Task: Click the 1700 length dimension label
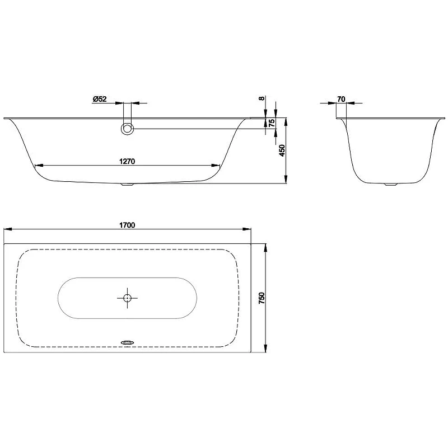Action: (x=127, y=225)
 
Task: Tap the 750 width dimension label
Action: (x=262, y=298)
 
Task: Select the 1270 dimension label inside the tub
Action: (x=127, y=162)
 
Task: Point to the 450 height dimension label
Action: (x=282, y=150)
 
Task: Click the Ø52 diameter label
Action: (x=100, y=99)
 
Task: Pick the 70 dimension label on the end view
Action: (x=341, y=99)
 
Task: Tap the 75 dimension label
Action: (x=272, y=123)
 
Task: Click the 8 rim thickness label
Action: (x=262, y=98)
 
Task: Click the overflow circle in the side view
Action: (x=128, y=129)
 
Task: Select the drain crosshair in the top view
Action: (x=127, y=298)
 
